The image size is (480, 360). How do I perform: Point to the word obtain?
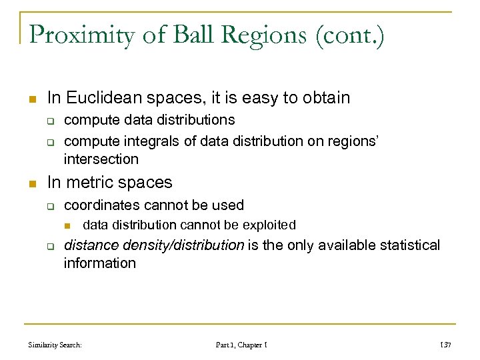[325, 98]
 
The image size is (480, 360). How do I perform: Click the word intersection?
[101, 159]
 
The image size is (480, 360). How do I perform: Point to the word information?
[99, 263]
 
